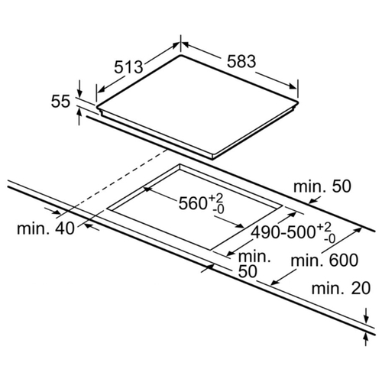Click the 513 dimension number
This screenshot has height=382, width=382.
point(128,67)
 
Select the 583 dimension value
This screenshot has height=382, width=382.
point(241,61)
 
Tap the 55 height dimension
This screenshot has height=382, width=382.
point(60,101)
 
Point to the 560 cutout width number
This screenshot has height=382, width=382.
point(193,203)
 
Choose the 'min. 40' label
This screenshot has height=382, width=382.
point(46,228)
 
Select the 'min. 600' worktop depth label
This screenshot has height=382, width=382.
point(325,261)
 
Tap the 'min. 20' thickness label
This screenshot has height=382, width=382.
point(341,289)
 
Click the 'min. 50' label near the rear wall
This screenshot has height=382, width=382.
point(322,186)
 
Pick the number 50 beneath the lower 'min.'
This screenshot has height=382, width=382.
point(248,271)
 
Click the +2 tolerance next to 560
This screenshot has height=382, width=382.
point(216,198)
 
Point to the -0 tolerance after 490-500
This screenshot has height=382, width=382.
point(329,238)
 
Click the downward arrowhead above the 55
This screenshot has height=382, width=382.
point(79,93)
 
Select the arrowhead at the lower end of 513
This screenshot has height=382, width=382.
point(101,89)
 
